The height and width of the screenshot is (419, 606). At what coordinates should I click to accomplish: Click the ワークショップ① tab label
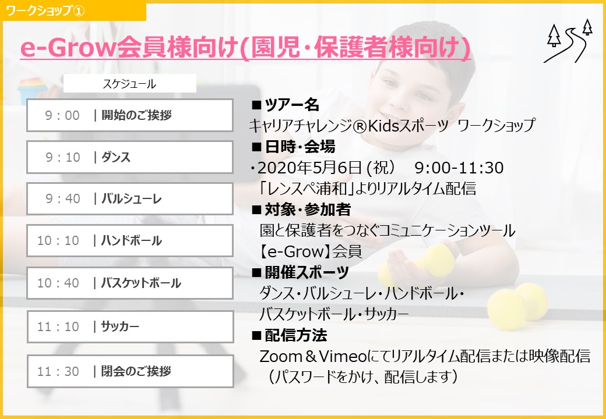[45, 11]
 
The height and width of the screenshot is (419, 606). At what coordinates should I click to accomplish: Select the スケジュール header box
[129, 83]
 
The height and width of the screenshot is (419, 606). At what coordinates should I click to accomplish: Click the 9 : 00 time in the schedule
[62, 115]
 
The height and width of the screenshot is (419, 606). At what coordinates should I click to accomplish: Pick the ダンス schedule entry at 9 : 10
[115, 157]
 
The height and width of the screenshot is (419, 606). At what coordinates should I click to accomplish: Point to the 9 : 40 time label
[62, 198]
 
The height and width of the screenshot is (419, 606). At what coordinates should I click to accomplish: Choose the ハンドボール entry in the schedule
[131, 241]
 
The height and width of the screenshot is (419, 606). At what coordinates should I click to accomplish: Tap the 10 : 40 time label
[58, 283]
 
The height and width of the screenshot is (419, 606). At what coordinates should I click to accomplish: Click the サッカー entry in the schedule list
[120, 327]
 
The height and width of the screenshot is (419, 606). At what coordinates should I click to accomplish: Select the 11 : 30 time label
[58, 371]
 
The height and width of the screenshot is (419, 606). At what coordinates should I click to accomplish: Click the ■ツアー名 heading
[286, 105]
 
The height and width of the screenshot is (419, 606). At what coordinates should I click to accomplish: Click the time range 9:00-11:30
[459, 168]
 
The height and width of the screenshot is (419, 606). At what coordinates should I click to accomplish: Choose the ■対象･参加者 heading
[301, 210]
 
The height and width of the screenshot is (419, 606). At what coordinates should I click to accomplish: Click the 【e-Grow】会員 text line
[311, 251]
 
